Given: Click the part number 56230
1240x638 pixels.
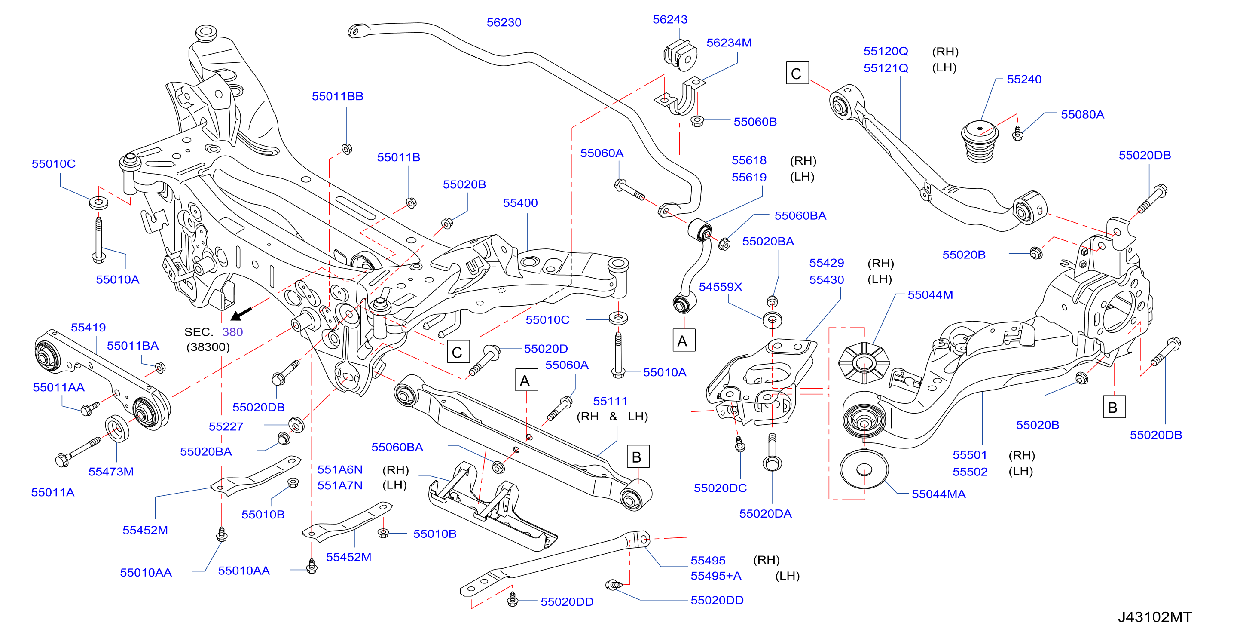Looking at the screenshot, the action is (x=504, y=23).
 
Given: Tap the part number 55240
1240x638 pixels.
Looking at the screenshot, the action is (x=1024, y=80).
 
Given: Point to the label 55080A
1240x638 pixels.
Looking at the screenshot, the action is (x=1082, y=115).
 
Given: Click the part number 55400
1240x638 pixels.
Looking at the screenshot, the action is (x=520, y=203).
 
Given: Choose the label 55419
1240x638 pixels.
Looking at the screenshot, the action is (x=88, y=328).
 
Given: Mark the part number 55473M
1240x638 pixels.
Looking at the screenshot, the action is (x=111, y=472).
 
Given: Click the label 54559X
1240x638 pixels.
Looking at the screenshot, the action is (x=720, y=287).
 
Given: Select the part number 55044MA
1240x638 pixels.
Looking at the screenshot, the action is (x=938, y=494).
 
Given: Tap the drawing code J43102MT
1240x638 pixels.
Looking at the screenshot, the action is (x=1154, y=617).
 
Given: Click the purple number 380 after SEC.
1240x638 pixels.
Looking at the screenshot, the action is (x=232, y=332).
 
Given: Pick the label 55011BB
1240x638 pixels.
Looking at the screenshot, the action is (x=337, y=97).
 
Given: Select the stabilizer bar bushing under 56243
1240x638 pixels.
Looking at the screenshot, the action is (x=680, y=55).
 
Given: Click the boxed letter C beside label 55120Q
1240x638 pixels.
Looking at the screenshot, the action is (x=797, y=73).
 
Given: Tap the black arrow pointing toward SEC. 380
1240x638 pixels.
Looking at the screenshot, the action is (x=241, y=313).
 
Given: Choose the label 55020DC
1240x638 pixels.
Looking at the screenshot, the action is (x=720, y=488).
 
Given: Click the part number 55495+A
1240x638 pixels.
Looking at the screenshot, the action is (x=716, y=576).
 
